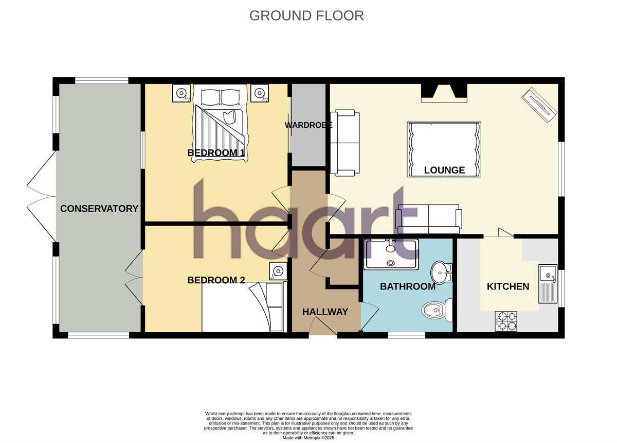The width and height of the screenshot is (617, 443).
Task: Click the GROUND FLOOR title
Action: (x=306, y=15)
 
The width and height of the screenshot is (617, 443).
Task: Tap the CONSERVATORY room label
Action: (x=99, y=209)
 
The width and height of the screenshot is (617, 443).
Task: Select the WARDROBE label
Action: (x=308, y=125)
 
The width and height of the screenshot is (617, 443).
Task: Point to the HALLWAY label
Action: (x=325, y=312)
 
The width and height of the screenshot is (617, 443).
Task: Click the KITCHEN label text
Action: (x=508, y=286)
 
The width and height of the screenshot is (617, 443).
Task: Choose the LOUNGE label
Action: (x=444, y=170)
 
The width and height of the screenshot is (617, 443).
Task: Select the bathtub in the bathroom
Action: (x=391, y=254)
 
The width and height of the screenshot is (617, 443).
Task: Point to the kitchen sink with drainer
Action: (x=547, y=284)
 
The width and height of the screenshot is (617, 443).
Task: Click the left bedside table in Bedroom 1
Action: (x=181, y=93)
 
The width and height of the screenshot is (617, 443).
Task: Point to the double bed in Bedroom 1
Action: (x=220, y=125)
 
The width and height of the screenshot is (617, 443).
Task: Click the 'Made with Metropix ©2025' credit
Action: (x=308, y=437)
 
